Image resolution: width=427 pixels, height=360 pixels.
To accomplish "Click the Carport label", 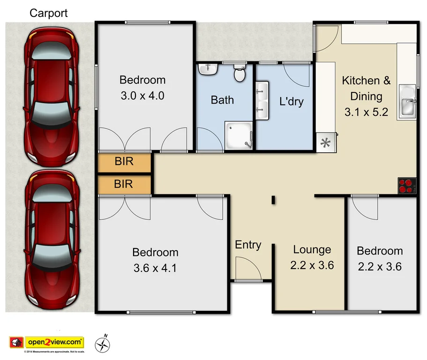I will click(49, 13).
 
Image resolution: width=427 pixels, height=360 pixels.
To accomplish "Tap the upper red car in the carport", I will click(51, 96).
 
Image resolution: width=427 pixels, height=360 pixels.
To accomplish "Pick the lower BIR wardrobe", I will click(124, 184).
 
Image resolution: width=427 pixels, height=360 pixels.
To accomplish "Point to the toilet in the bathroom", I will click(240, 73).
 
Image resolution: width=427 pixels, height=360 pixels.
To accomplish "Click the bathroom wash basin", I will click(208, 70).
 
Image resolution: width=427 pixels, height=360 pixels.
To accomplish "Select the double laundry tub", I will click(262, 99).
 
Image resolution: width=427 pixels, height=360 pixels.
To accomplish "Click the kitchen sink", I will click(407, 101).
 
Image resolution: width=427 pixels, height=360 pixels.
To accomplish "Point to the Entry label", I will click(248, 245).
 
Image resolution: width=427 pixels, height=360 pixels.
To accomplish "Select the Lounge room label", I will click(312, 250).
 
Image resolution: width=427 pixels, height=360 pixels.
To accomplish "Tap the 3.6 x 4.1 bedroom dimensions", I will click(155, 268).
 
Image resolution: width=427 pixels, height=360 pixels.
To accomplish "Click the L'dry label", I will click(291, 101).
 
